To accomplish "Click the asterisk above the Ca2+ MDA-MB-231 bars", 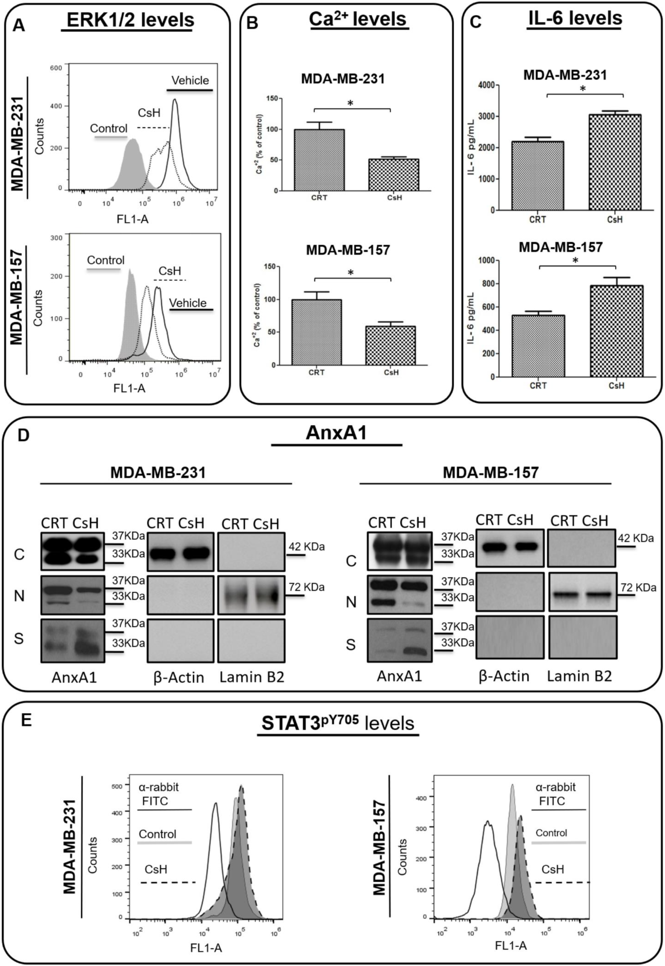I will pyautogui.click(x=350, y=103).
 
